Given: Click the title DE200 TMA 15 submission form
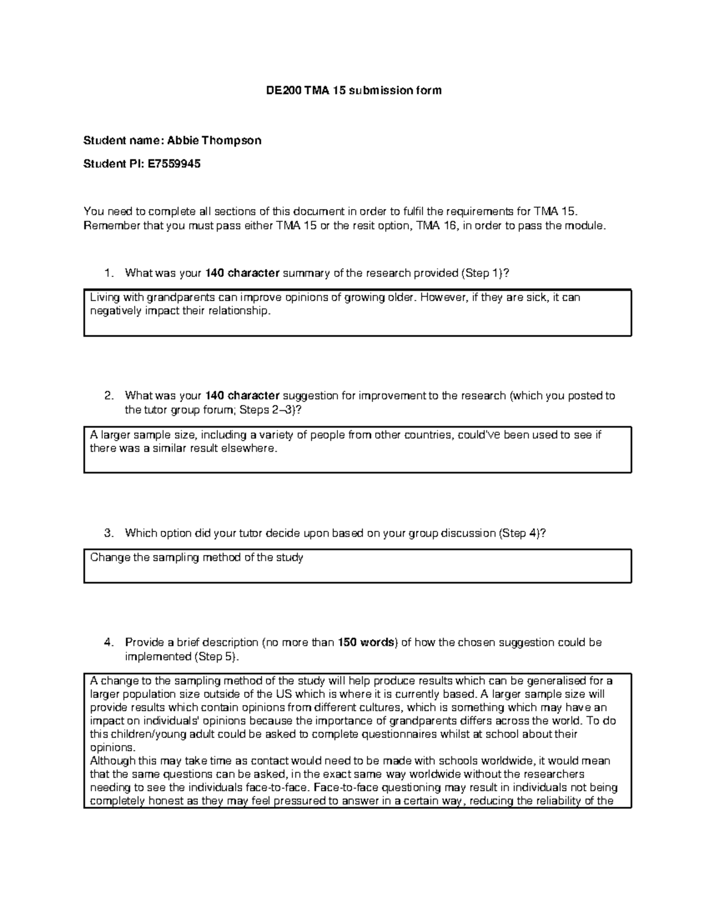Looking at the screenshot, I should click(352, 90).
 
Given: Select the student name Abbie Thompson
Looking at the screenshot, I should click(214, 141).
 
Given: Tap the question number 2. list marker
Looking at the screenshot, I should click(107, 396).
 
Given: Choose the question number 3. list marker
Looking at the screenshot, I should click(107, 533).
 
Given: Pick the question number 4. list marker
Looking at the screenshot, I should click(107, 642).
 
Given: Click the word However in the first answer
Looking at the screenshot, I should click(444, 298).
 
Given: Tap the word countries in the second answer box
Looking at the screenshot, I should click(428, 435).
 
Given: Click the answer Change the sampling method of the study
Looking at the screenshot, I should click(196, 557).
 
